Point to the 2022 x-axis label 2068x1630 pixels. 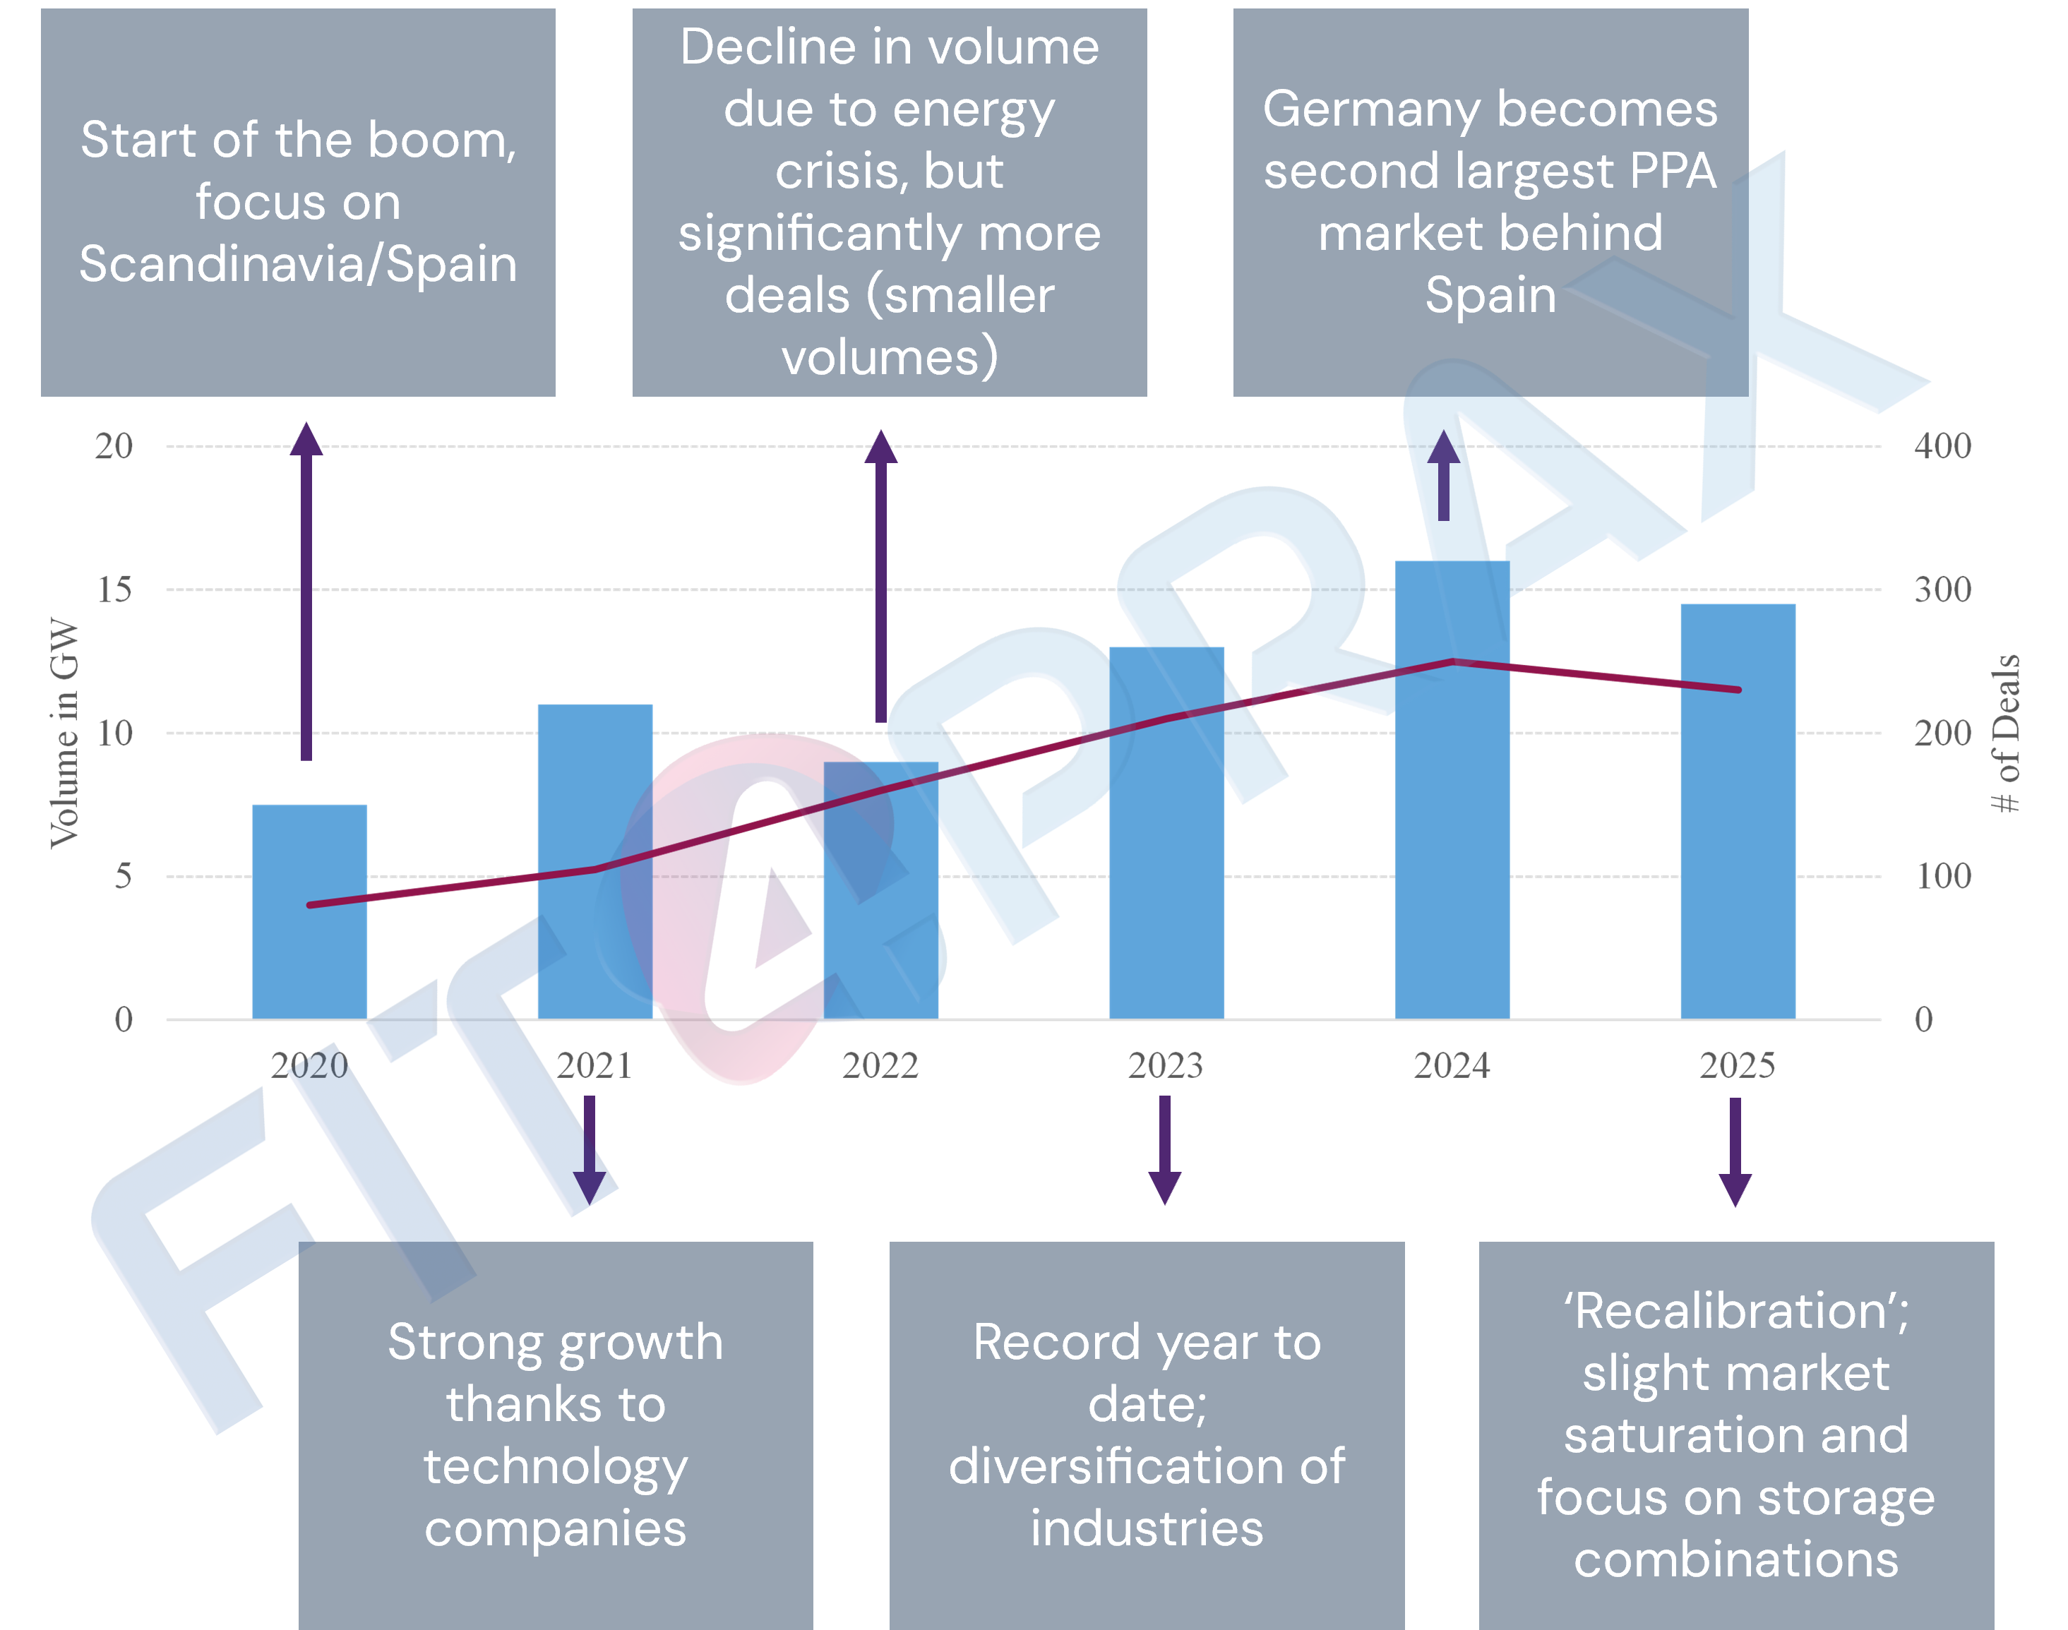tap(879, 1065)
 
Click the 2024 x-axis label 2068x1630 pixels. tap(1450, 1065)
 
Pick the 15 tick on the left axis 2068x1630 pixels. tap(114, 589)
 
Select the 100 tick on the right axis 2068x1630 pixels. tap(1942, 876)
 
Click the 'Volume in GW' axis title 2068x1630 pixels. tap(64, 732)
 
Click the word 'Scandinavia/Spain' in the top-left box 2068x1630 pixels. tap(298, 264)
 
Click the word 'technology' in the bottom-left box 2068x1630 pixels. tap(556, 1467)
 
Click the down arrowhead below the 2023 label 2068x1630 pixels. tap(1164, 1188)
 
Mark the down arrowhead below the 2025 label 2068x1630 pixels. tap(1735, 1190)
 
